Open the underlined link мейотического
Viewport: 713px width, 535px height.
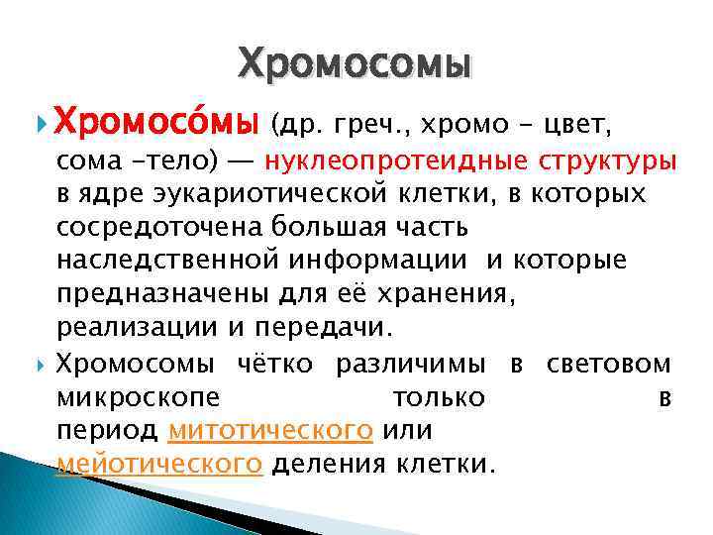tap(159, 463)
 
